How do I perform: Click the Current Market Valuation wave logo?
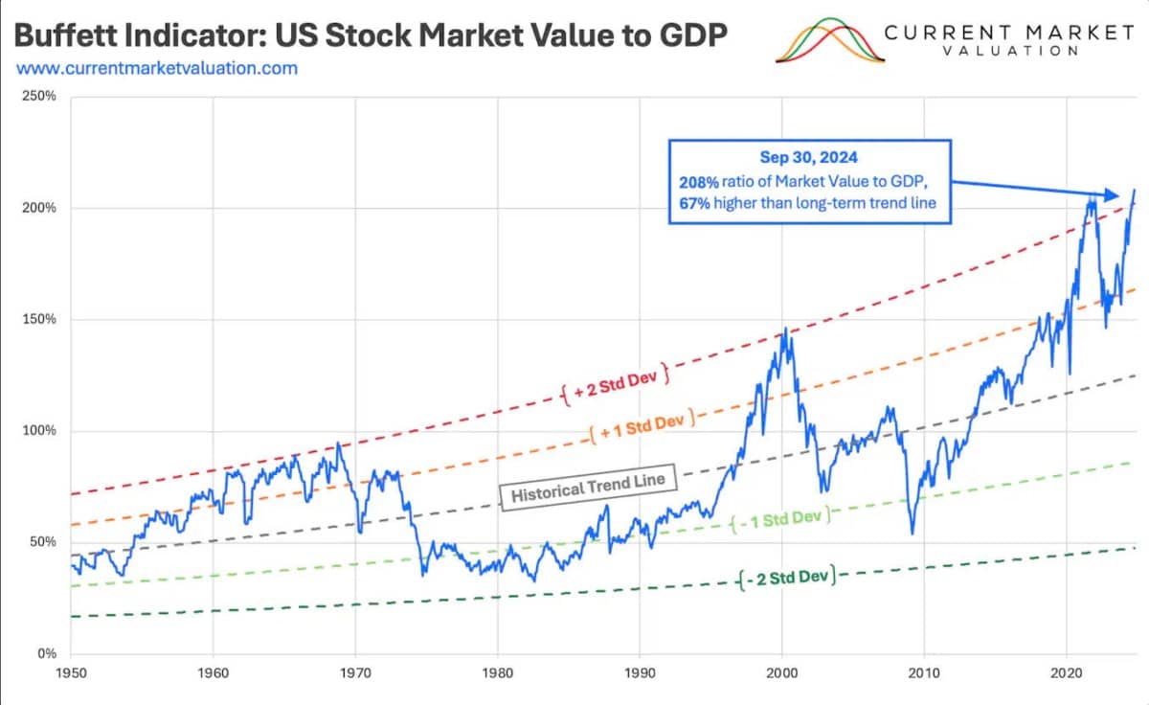(825, 41)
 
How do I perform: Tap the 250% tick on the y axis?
(41, 97)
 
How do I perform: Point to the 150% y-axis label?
(41, 319)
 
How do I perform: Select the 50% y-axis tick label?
(44, 542)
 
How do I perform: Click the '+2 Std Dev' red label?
(615, 381)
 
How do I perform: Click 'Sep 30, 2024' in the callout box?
(809, 158)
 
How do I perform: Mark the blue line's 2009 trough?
(912, 534)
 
